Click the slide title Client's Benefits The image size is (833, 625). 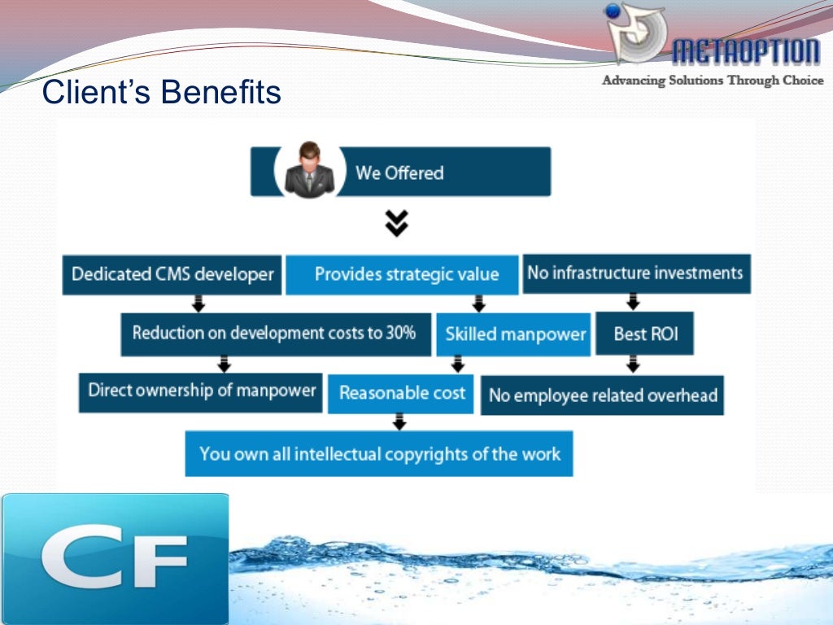pos(161,93)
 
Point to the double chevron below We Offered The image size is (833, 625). pos(397,223)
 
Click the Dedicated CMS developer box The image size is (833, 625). pos(172,274)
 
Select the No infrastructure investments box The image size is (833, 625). pos(635,273)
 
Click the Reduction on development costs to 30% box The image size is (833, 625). pos(275,333)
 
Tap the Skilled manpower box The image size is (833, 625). pos(515,334)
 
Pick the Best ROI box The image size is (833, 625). pos(645,334)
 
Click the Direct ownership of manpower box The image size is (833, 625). pos(201,391)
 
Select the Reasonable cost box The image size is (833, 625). pos(402,393)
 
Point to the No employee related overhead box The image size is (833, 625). pos(602,396)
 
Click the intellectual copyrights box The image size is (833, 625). pos(379,453)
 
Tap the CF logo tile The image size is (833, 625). pos(114,558)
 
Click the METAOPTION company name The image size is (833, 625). pos(745,53)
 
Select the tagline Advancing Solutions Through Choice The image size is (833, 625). pos(712,81)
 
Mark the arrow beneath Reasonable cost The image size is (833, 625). pos(399,422)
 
